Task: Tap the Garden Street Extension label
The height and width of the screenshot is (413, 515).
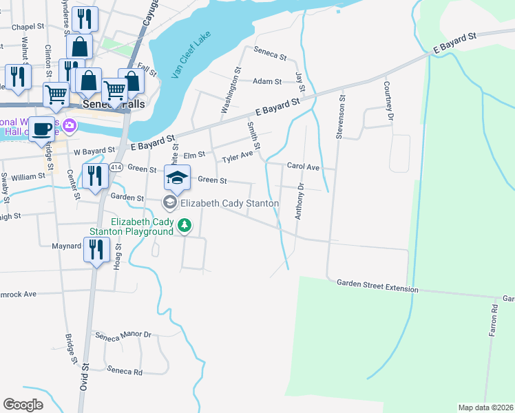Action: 377,286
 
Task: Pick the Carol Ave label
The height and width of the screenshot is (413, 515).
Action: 304,167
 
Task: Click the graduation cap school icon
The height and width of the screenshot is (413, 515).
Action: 177,178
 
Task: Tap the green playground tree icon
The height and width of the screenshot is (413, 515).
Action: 184,225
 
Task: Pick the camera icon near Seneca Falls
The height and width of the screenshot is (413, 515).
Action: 69,125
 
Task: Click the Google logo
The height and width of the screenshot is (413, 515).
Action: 23,405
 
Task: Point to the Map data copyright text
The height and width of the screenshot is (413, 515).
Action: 485,407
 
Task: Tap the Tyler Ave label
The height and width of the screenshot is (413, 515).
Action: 237,159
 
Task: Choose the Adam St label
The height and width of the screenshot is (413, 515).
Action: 267,81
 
